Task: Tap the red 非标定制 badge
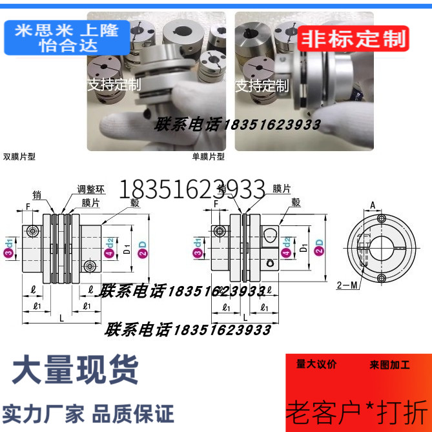353,38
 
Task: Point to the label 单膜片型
209,156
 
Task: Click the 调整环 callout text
90,189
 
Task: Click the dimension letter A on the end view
373,205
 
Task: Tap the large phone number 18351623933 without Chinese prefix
198,189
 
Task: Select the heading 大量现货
76,370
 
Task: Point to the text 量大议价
316,364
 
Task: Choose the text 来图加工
390,365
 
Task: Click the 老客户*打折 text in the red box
356,409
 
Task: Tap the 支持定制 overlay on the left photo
114,85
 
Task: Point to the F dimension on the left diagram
28,207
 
